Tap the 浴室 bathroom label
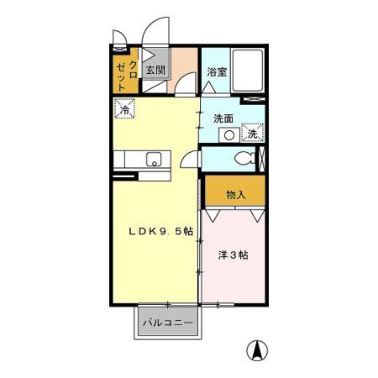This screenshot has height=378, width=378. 217,72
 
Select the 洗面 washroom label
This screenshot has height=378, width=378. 223,118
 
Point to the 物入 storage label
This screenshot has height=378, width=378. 236,195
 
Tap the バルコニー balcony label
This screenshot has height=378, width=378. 167,323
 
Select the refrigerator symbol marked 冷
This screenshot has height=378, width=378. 125,109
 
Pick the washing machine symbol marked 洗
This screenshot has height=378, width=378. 253,133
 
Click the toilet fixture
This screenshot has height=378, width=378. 244,159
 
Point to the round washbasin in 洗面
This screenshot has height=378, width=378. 228,134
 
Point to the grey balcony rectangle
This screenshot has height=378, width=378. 167,323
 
